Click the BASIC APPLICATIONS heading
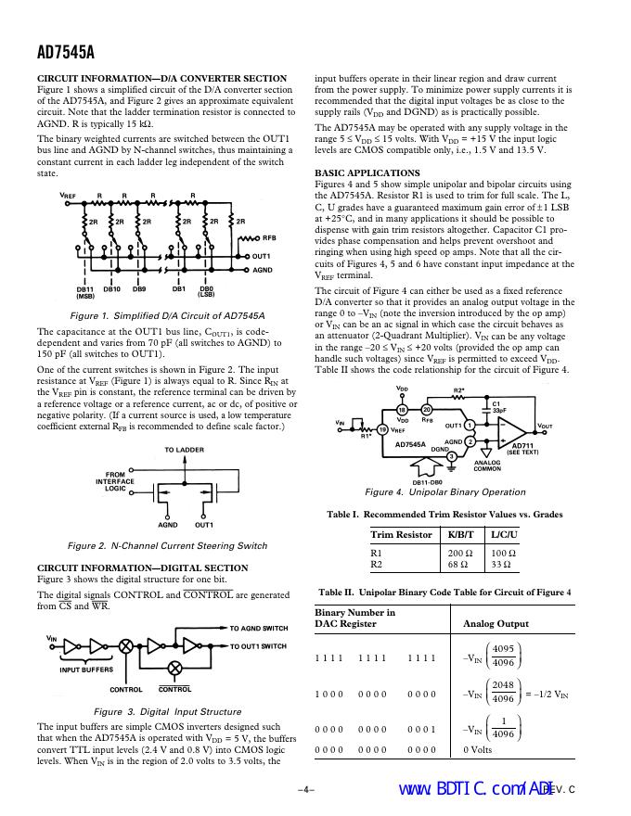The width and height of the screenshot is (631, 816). [x=367, y=173]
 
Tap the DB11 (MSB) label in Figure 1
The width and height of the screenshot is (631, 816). [x=85, y=292]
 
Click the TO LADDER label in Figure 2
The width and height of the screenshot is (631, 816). [x=184, y=450]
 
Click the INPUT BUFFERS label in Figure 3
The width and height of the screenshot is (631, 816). [x=86, y=669]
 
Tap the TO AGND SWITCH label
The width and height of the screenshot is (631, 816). [x=259, y=629]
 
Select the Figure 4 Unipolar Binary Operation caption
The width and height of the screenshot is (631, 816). [x=445, y=492]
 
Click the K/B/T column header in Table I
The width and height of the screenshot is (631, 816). [x=460, y=535]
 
